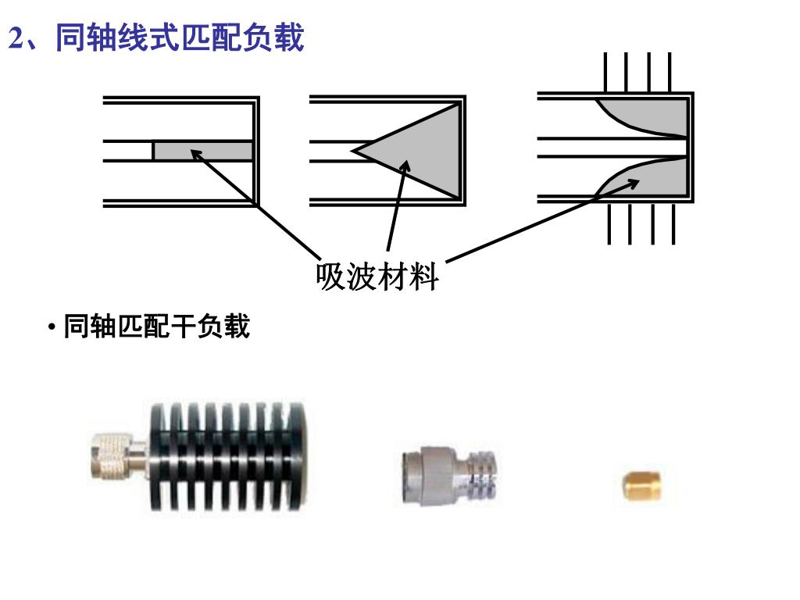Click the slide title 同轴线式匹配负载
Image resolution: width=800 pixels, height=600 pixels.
[x=180, y=38]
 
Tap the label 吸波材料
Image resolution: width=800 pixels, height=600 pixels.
[x=377, y=277]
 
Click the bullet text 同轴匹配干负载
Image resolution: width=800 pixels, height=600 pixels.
[x=156, y=327]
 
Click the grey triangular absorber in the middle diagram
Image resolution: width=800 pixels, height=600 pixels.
[x=422, y=152]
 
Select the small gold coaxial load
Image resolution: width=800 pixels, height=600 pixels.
[x=641, y=485]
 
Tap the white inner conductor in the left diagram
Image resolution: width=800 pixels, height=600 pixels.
[x=128, y=151]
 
